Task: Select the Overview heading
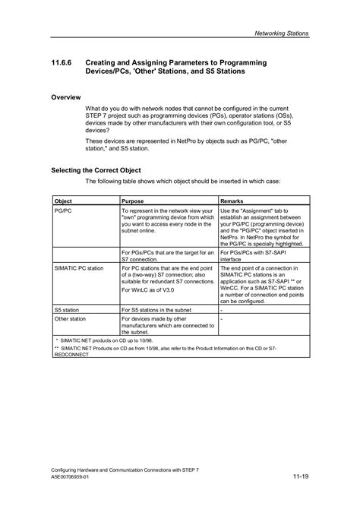pyautogui.click(x=68, y=97)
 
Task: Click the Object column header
pyautogui.click(x=64, y=201)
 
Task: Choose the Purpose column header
pyautogui.click(x=135, y=201)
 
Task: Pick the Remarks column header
pyautogui.click(x=235, y=201)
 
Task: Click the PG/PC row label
pyautogui.click(x=63, y=210)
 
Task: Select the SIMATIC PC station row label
pyautogui.click(x=80, y=268)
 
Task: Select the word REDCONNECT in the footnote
pyautogui.click(x=71, y=355)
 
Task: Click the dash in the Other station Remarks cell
pyautogui.click(x=221, y=320)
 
